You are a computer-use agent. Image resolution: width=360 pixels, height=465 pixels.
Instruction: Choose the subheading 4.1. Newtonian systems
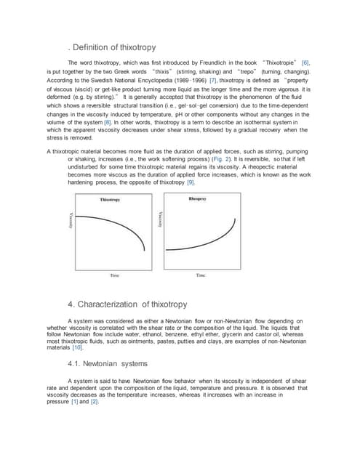[107, 363]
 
